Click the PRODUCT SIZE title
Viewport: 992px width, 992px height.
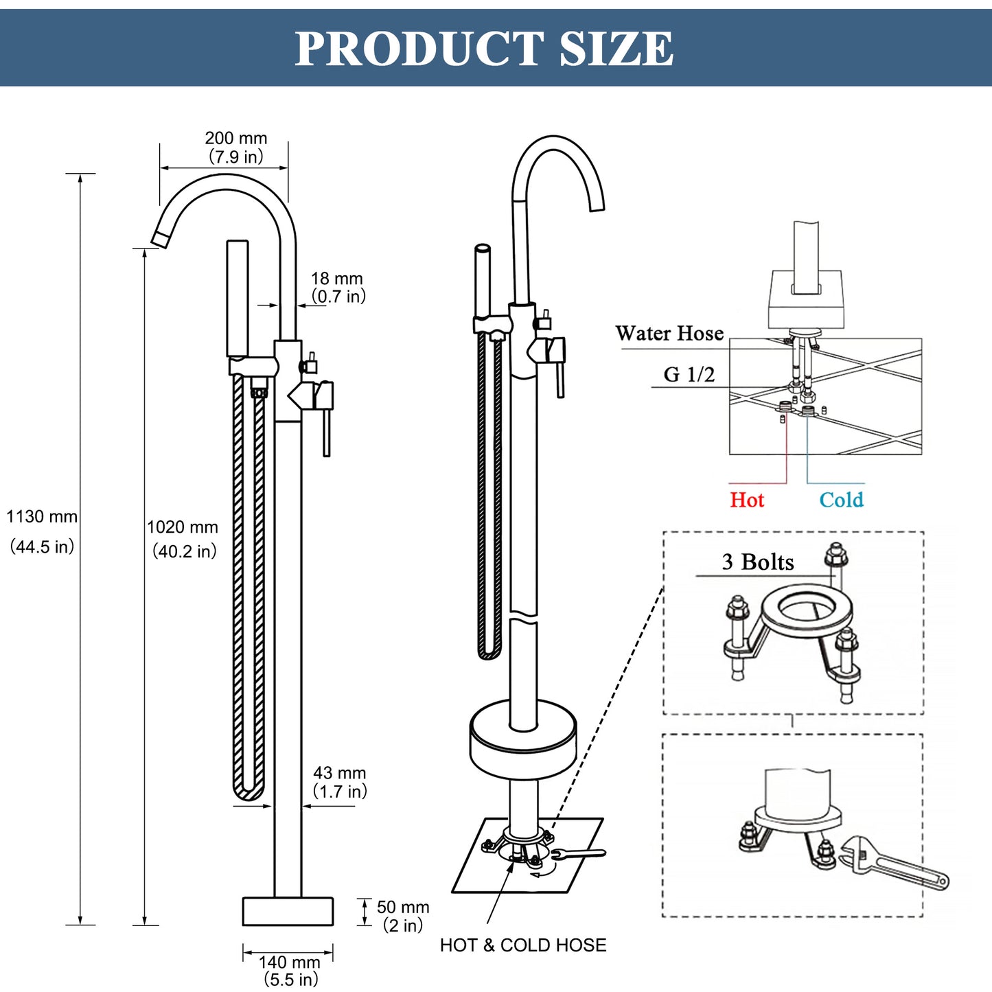[x=484, y=49]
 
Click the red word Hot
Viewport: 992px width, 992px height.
[x=747, y=500]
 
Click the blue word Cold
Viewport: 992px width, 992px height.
[x=841, y=500]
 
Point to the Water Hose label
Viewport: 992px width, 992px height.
[x=669, y=334]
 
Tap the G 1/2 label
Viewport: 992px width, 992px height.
[x=689, y=375]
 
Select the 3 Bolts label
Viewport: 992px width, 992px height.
[x=758, y=562]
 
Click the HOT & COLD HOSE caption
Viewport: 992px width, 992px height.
[x=523, y=945]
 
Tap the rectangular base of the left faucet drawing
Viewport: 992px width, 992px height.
[x=288, y=911]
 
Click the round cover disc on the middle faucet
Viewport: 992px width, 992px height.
[x=523, y=741]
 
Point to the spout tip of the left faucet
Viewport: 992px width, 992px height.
[x=160, y=238]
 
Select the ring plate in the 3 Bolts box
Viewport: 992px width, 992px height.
[x=807, y=608]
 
